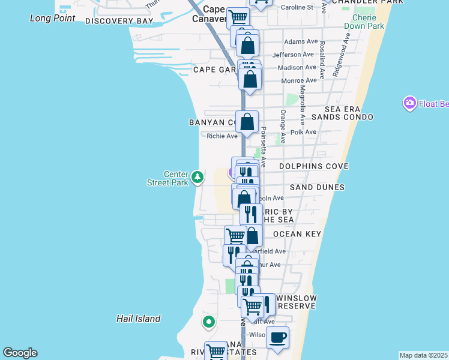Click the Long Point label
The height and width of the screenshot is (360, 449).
click(x=53, y=18)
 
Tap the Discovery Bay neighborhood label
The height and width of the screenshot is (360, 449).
click(x=119, y=21)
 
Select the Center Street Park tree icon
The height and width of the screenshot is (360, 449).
click(x=197, y=178)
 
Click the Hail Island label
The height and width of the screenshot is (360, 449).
click(x=139, y=319)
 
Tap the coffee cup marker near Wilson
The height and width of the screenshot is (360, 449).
click(x=277, y=338)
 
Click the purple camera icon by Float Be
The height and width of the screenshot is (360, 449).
click(x=410, y=103)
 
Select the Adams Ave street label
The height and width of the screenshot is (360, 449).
click(x=300, y=42)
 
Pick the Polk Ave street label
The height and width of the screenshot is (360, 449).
click(x=303, y=132)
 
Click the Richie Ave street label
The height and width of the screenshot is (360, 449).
click(x=222, y=136)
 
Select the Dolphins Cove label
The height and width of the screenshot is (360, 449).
click(x=313, y=166)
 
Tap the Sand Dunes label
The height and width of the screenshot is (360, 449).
click(x=317, y=187)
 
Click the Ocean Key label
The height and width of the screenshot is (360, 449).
click(x=297, y=234)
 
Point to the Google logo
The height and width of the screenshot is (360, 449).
click(x=20, y=353)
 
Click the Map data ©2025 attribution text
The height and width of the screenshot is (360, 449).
click(x=423, y=355)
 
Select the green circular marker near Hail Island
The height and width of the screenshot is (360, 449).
click(x=209, y=322)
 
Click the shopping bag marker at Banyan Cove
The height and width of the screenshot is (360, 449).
click(x=247, y=122)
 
